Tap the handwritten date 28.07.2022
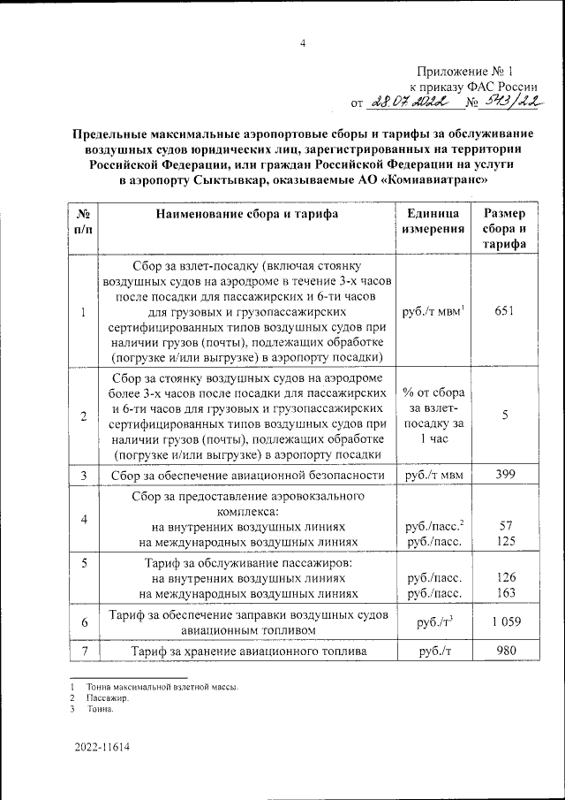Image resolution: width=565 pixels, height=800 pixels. click(x=411, y=103)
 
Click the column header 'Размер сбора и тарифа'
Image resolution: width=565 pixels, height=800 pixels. click(x=505, y=229)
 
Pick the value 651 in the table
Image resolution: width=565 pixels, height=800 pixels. click(x=505, y=310)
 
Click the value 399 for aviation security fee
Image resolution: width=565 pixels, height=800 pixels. click(x=505, y=476)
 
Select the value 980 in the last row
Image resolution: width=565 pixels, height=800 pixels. click(x=505, y=652)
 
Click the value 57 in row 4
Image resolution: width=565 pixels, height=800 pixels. click(x=506, y=526)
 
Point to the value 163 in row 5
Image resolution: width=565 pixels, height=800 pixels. click(x=506, y=593)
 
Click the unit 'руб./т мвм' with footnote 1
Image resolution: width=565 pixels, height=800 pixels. click(x=433, y=310)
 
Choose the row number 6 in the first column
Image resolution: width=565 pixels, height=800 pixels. click(x=83, y=623)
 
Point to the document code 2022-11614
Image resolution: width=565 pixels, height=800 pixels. click(x=102, y=747)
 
